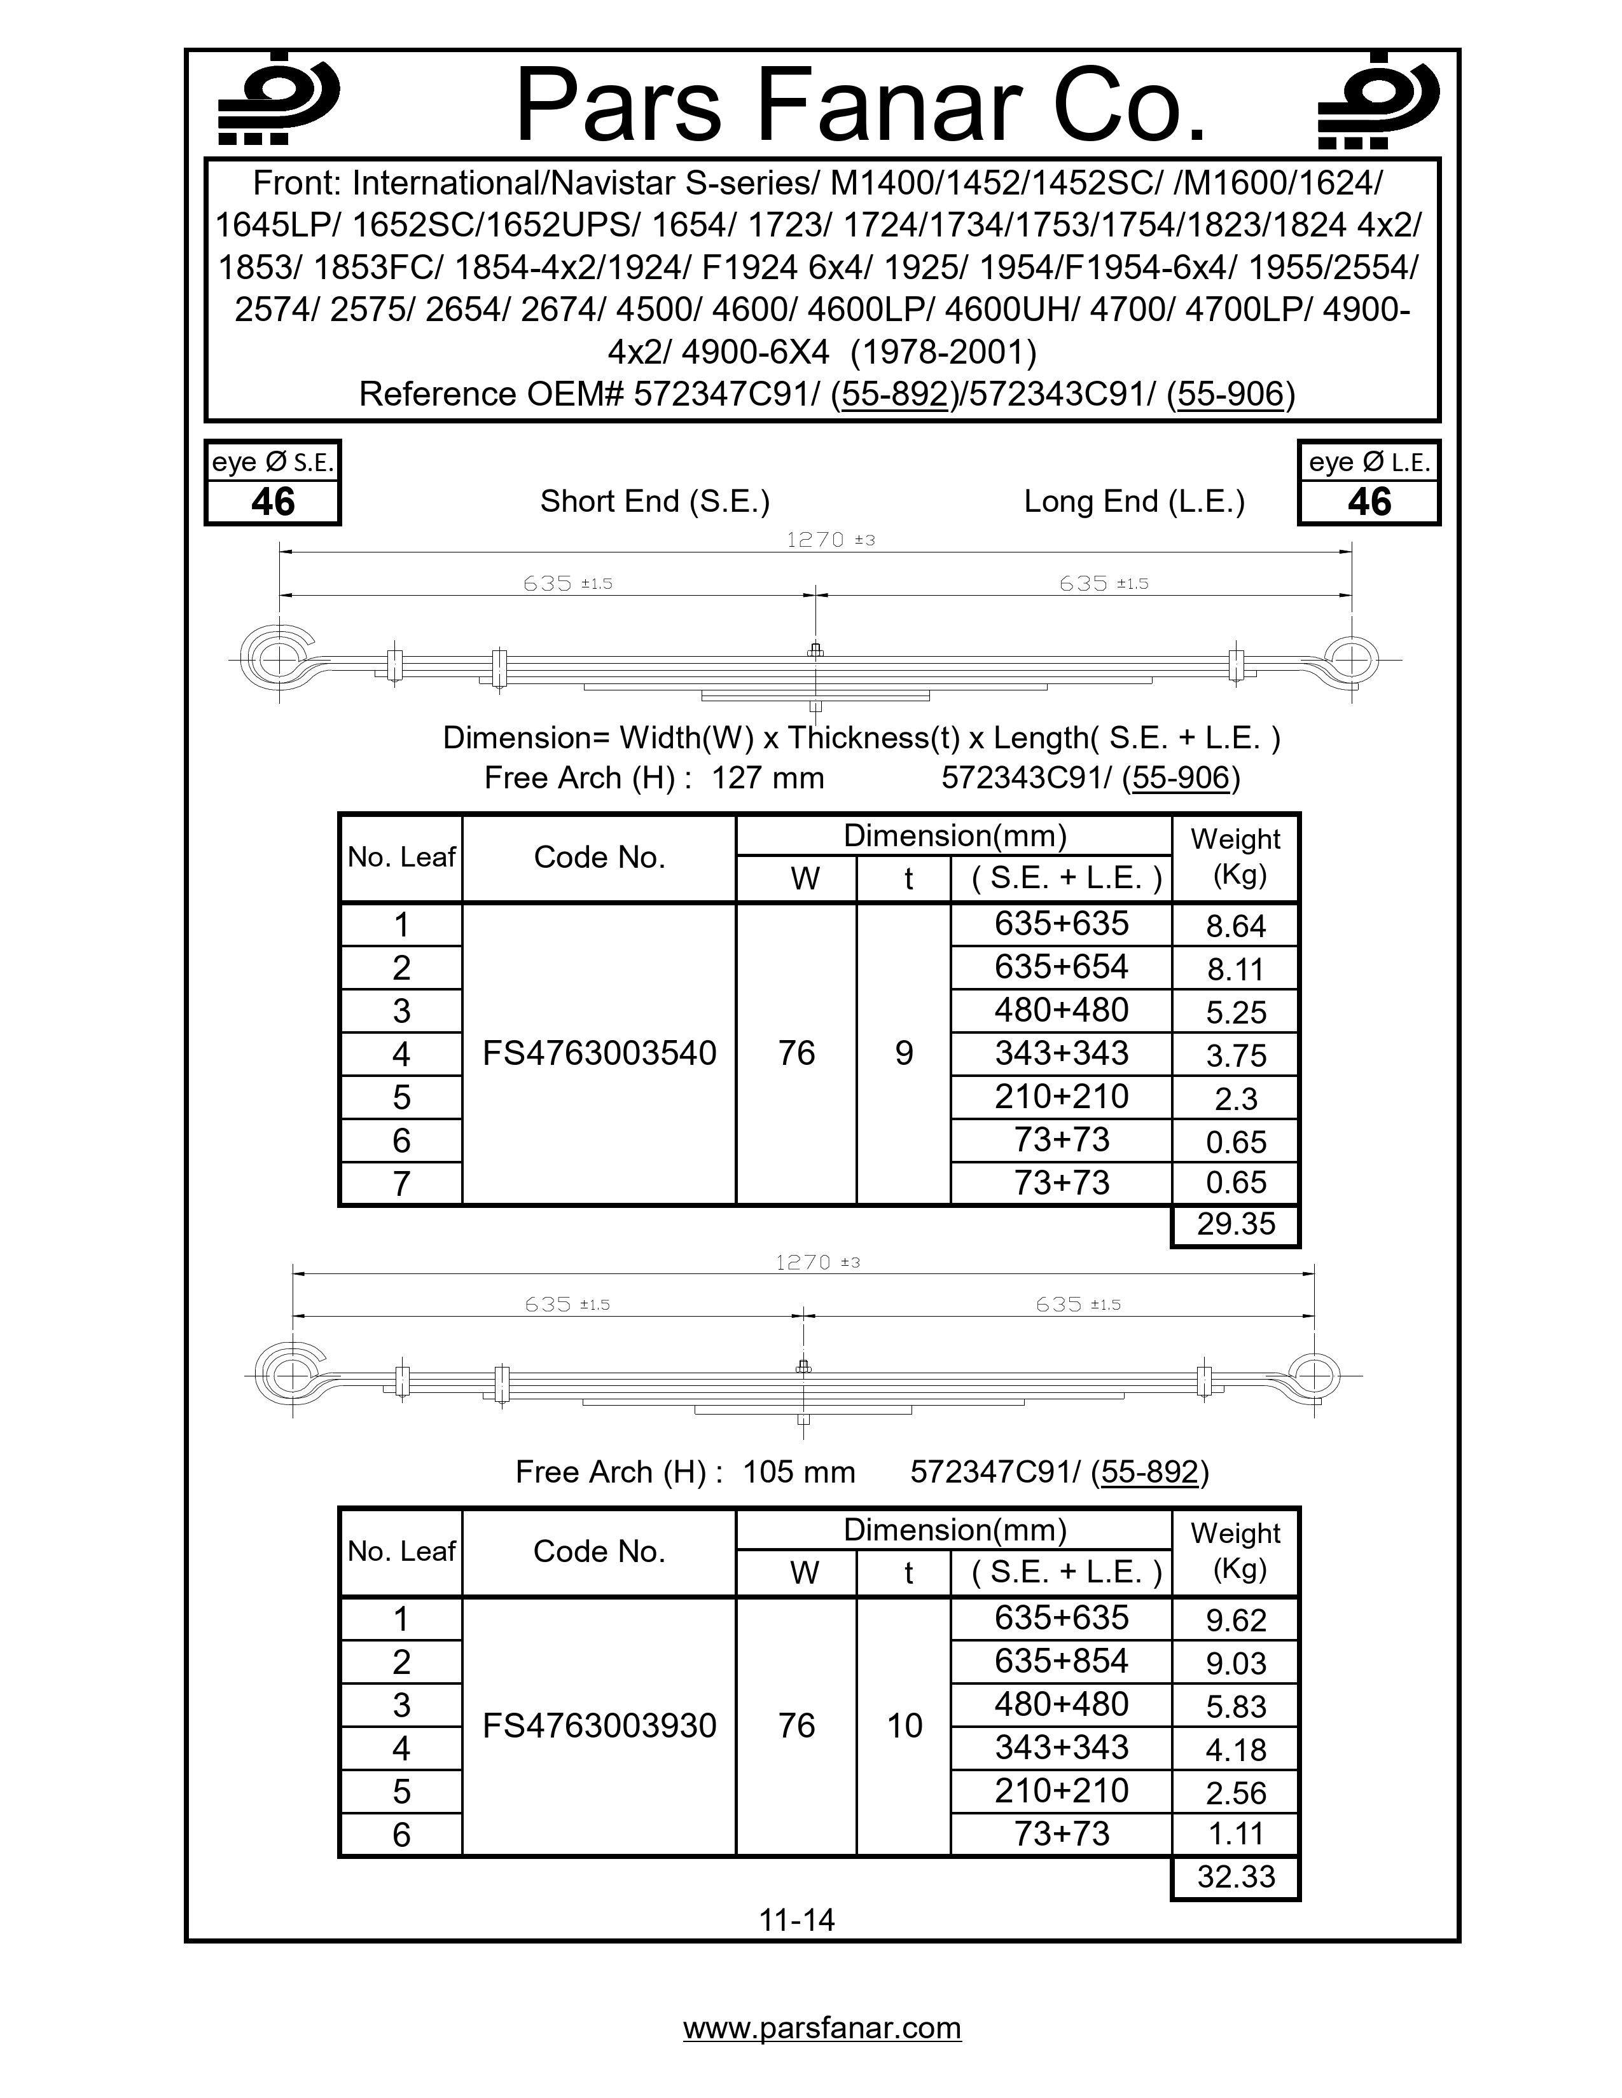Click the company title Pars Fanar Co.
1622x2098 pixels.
(x=860, y=106)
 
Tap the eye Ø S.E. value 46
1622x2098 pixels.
(x=273, y=502)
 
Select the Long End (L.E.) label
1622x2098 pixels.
(x=1134, y=502)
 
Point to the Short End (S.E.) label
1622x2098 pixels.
(x=655, y=502)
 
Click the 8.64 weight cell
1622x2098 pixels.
(x=1236, y=926)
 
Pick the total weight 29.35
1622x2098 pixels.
(x=1236, y=1224)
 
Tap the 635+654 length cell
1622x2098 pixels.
(x=1061, y=968)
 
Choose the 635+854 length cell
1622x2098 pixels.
(x=1061, y=1661)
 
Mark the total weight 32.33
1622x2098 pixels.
(x=1236, y=1876)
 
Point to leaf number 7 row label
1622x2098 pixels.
(x=401, y=1184)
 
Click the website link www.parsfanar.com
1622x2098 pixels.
(x=822, y=2028)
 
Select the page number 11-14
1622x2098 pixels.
(x=796, y=1920)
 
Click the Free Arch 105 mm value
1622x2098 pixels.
(x=798, y=1472)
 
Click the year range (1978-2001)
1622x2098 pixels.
(x=943, y=353)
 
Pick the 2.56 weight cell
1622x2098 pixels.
(x=1236, y=1793)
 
